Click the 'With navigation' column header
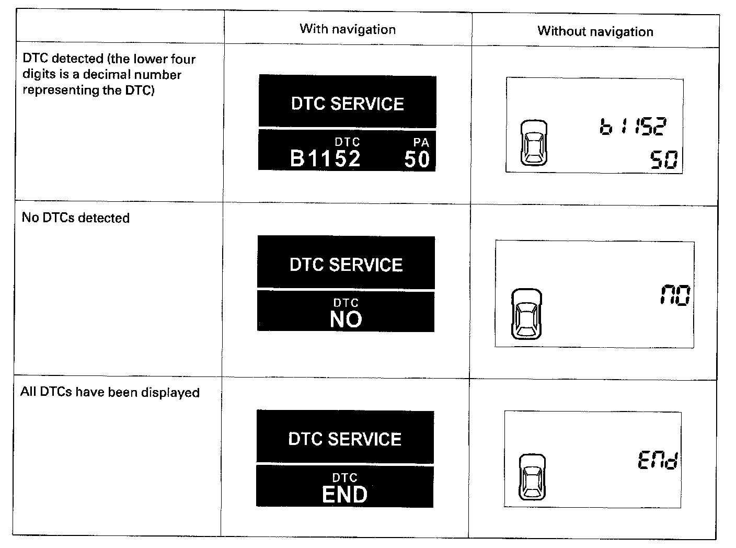348,29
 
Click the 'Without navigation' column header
595,31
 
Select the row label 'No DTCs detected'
76,218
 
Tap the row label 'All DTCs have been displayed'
110,392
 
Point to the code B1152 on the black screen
325,158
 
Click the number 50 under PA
417,159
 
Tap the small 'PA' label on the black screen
421,142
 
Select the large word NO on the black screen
346,319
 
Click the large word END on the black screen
344,494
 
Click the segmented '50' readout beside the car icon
664,159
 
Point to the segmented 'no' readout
674,295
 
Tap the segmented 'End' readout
658,461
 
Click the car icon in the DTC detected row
534,143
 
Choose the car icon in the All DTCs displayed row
532,477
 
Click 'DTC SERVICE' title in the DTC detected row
347,104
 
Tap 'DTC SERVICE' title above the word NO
346,265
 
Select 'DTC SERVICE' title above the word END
345,439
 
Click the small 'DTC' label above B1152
347,142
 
